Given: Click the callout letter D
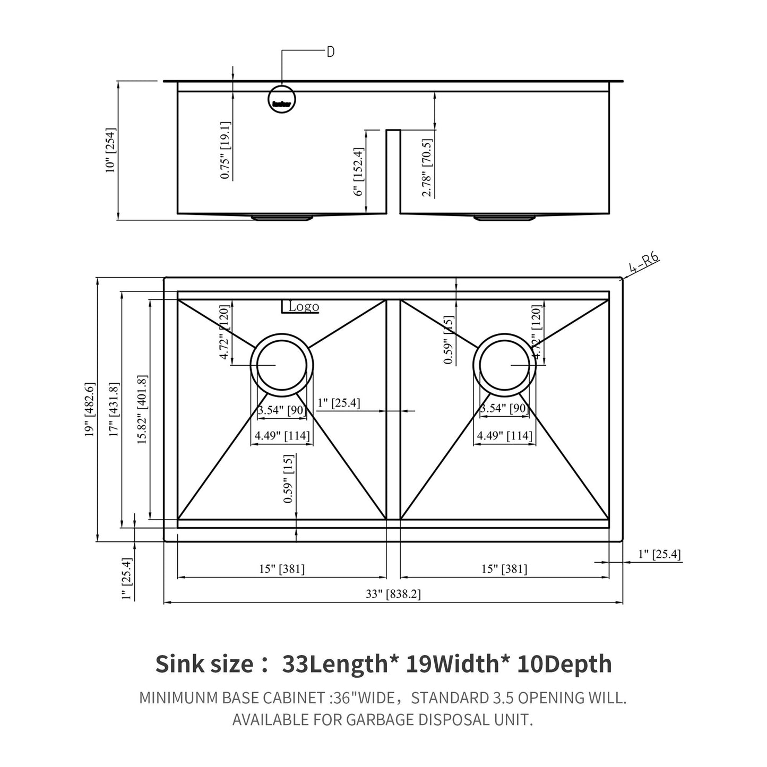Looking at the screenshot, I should [330, 52].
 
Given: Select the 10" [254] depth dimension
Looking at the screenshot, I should [110, 150].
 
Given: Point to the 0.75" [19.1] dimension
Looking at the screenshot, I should [225, 150].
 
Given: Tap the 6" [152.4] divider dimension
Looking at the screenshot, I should [359, 172].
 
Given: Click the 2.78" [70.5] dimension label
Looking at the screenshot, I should [427, 168].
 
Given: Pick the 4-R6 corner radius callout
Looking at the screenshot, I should [644, 263].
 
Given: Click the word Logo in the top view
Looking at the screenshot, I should [304, 307].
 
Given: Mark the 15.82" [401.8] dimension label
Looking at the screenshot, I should [142, 409].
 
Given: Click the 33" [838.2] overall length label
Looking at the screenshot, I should [393, 594].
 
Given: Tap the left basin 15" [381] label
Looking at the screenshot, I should [282, 569].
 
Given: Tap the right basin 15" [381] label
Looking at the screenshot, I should [504, 569].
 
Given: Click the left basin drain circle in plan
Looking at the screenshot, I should [281, 365].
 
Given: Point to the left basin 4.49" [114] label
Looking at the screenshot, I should [282, 436].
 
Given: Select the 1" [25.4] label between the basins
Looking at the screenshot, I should [339, 403].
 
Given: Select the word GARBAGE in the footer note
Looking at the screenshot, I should [380, 720].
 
